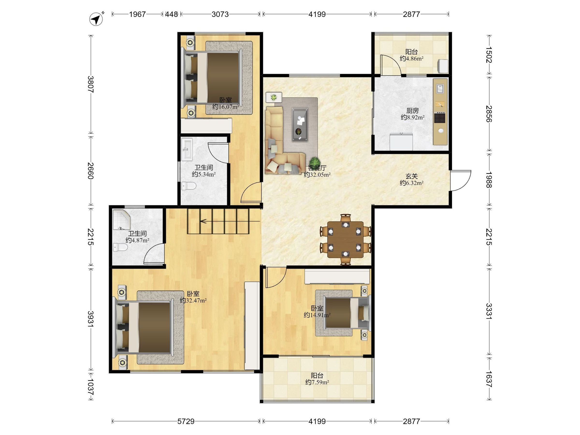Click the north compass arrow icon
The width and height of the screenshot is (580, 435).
(97, 19)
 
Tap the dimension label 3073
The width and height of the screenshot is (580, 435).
(220, 14)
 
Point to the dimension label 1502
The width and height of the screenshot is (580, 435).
(489, 55)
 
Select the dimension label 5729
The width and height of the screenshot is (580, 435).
(186, 421)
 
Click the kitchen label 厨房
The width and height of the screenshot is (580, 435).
(413, 111)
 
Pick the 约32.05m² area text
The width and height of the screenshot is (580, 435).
(317, 175)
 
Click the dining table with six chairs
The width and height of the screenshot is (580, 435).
(346, 239)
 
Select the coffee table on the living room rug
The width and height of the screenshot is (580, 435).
(300, 124)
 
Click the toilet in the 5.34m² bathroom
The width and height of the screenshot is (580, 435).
(189, 186)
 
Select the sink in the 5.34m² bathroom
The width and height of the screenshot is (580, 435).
(187, 149)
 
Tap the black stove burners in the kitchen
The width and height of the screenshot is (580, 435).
(440, 117)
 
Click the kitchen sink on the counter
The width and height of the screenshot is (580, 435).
(440, 88)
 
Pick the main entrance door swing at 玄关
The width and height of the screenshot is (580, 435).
(460, 181)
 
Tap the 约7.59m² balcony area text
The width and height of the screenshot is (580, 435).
(317, 382)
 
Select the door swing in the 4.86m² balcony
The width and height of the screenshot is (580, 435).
(391, 65)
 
